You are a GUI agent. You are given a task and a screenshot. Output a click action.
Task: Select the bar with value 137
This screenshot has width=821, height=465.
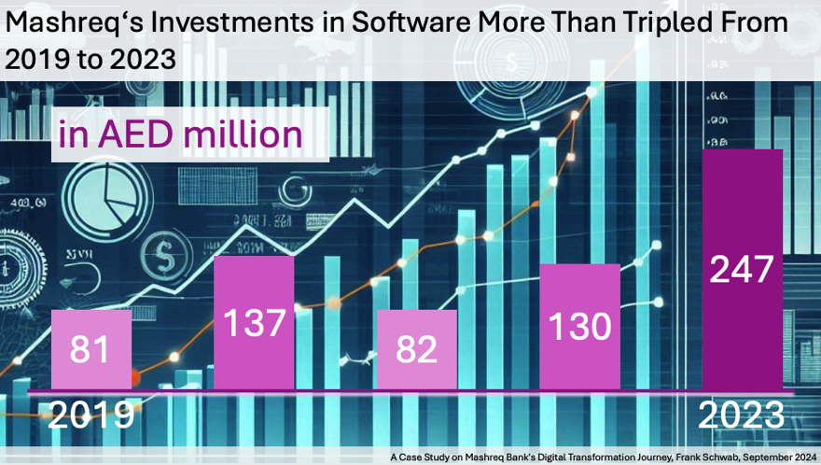(x=254, y=322)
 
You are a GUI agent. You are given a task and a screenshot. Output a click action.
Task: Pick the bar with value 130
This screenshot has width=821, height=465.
(x=580, y=326)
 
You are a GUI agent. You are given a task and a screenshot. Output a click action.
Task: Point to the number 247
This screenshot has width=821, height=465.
(x=743, y=270)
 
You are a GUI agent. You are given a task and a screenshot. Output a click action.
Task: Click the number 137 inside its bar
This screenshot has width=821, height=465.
(x=254, y=324)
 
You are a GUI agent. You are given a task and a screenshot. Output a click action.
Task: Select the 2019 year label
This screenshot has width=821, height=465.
(x=90, y=414)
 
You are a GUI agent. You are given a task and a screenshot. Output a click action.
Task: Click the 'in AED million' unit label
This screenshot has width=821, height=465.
(x=180, y=134)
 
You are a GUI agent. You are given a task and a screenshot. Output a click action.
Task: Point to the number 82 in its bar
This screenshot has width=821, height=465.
(x=417, y=350)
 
